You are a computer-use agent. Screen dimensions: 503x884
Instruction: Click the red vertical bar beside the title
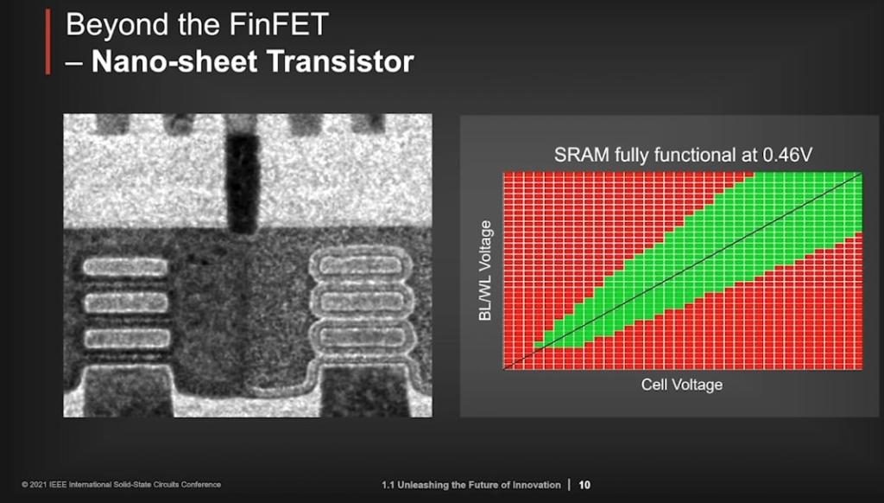click(x=47, y=42)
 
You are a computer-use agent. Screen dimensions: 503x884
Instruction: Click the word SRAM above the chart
click(x=578, y=156)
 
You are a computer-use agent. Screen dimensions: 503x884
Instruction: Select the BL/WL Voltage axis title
click(x=484, y=271)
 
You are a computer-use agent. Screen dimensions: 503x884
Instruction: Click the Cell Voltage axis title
click(x=681, y=385)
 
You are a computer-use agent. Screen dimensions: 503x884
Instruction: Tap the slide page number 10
click(x=584, y=485)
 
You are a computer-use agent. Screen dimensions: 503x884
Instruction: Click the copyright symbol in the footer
click(x=25, y=485)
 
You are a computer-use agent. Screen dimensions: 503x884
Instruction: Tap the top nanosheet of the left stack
click(x=124, y=267)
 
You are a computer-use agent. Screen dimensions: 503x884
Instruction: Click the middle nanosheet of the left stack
click(x=124, y=302)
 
